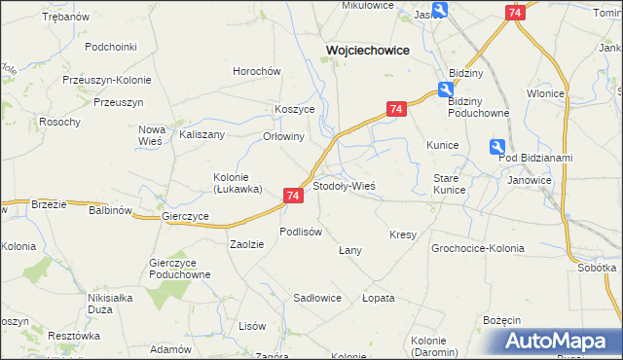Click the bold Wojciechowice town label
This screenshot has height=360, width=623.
click(x=366, y=50)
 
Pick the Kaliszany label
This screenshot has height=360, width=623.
click(x=202, y=135)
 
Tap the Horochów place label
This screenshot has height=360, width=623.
click(x=256, y=71)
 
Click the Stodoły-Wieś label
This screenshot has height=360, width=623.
click(x=344, y=185)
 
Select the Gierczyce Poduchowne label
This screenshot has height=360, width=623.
click(x=180, y=269)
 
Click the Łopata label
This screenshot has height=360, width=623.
click(x=378, y=298)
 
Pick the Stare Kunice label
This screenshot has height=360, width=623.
click(x=449, y=184)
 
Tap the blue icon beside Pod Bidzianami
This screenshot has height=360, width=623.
click(x=497, y=147)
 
